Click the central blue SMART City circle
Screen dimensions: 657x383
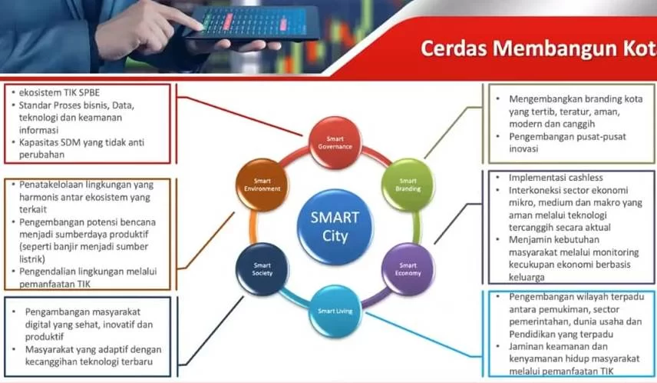click(335, 227)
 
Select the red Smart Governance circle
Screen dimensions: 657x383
click(335, 143)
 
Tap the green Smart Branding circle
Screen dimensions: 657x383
click(408, 185)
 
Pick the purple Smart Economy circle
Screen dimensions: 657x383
click(408, 269)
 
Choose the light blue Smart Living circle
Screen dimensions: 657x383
click(335, 311)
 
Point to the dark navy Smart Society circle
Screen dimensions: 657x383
click(262, 269)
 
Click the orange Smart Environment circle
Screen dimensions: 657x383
click(262, 185)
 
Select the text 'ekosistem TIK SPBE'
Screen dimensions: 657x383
click(60, 92)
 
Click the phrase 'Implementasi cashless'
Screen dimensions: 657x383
click(556, 178)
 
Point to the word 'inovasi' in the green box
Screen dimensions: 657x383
click(523, 148)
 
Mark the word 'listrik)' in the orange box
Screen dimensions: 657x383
click(32, 259)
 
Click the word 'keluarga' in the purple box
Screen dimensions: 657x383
click(527, 277)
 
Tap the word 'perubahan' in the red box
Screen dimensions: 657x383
click(41, 155)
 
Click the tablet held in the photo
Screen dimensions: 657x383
click(253, 23)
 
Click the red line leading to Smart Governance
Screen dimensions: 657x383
click(239, 116)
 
